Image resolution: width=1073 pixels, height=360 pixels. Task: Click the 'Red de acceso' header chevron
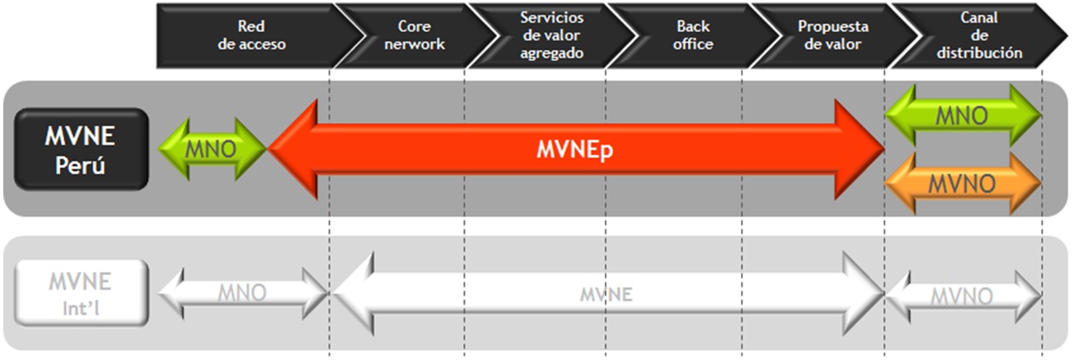[254, 35]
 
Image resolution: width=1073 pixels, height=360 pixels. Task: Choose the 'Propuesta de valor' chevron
[833, 35]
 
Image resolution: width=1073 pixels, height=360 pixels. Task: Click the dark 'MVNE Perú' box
[82, 149]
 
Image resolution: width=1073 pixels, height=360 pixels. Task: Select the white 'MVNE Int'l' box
[82, 293]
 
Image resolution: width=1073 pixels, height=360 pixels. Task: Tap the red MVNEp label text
[575, 149]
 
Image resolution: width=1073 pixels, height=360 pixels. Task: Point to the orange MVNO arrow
[963, 184]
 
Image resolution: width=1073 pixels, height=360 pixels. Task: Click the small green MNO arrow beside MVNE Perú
[211, 149]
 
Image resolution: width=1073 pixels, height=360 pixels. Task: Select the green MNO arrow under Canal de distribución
[963, 115]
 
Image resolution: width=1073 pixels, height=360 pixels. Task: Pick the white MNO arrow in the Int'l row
[243, 293]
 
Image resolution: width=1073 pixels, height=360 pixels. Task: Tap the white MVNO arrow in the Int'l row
[963, 297]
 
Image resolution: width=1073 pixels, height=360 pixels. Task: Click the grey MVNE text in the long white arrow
[607, 294]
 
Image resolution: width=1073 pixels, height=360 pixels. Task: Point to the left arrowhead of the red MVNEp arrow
[294, 149]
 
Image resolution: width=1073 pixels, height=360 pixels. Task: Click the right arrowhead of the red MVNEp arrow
[859, 149]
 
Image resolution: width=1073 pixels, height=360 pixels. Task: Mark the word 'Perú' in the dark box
[80, 166]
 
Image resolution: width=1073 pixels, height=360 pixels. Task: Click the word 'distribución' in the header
[980, 53]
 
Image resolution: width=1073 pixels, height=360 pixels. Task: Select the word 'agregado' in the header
[552, 54]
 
